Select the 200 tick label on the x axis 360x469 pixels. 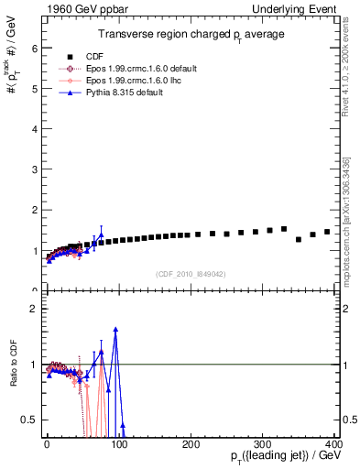(x=191, y=443)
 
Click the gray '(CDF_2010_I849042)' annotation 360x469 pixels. (x=191, y=273)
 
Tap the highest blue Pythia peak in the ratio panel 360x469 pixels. (x=115, y=329)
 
